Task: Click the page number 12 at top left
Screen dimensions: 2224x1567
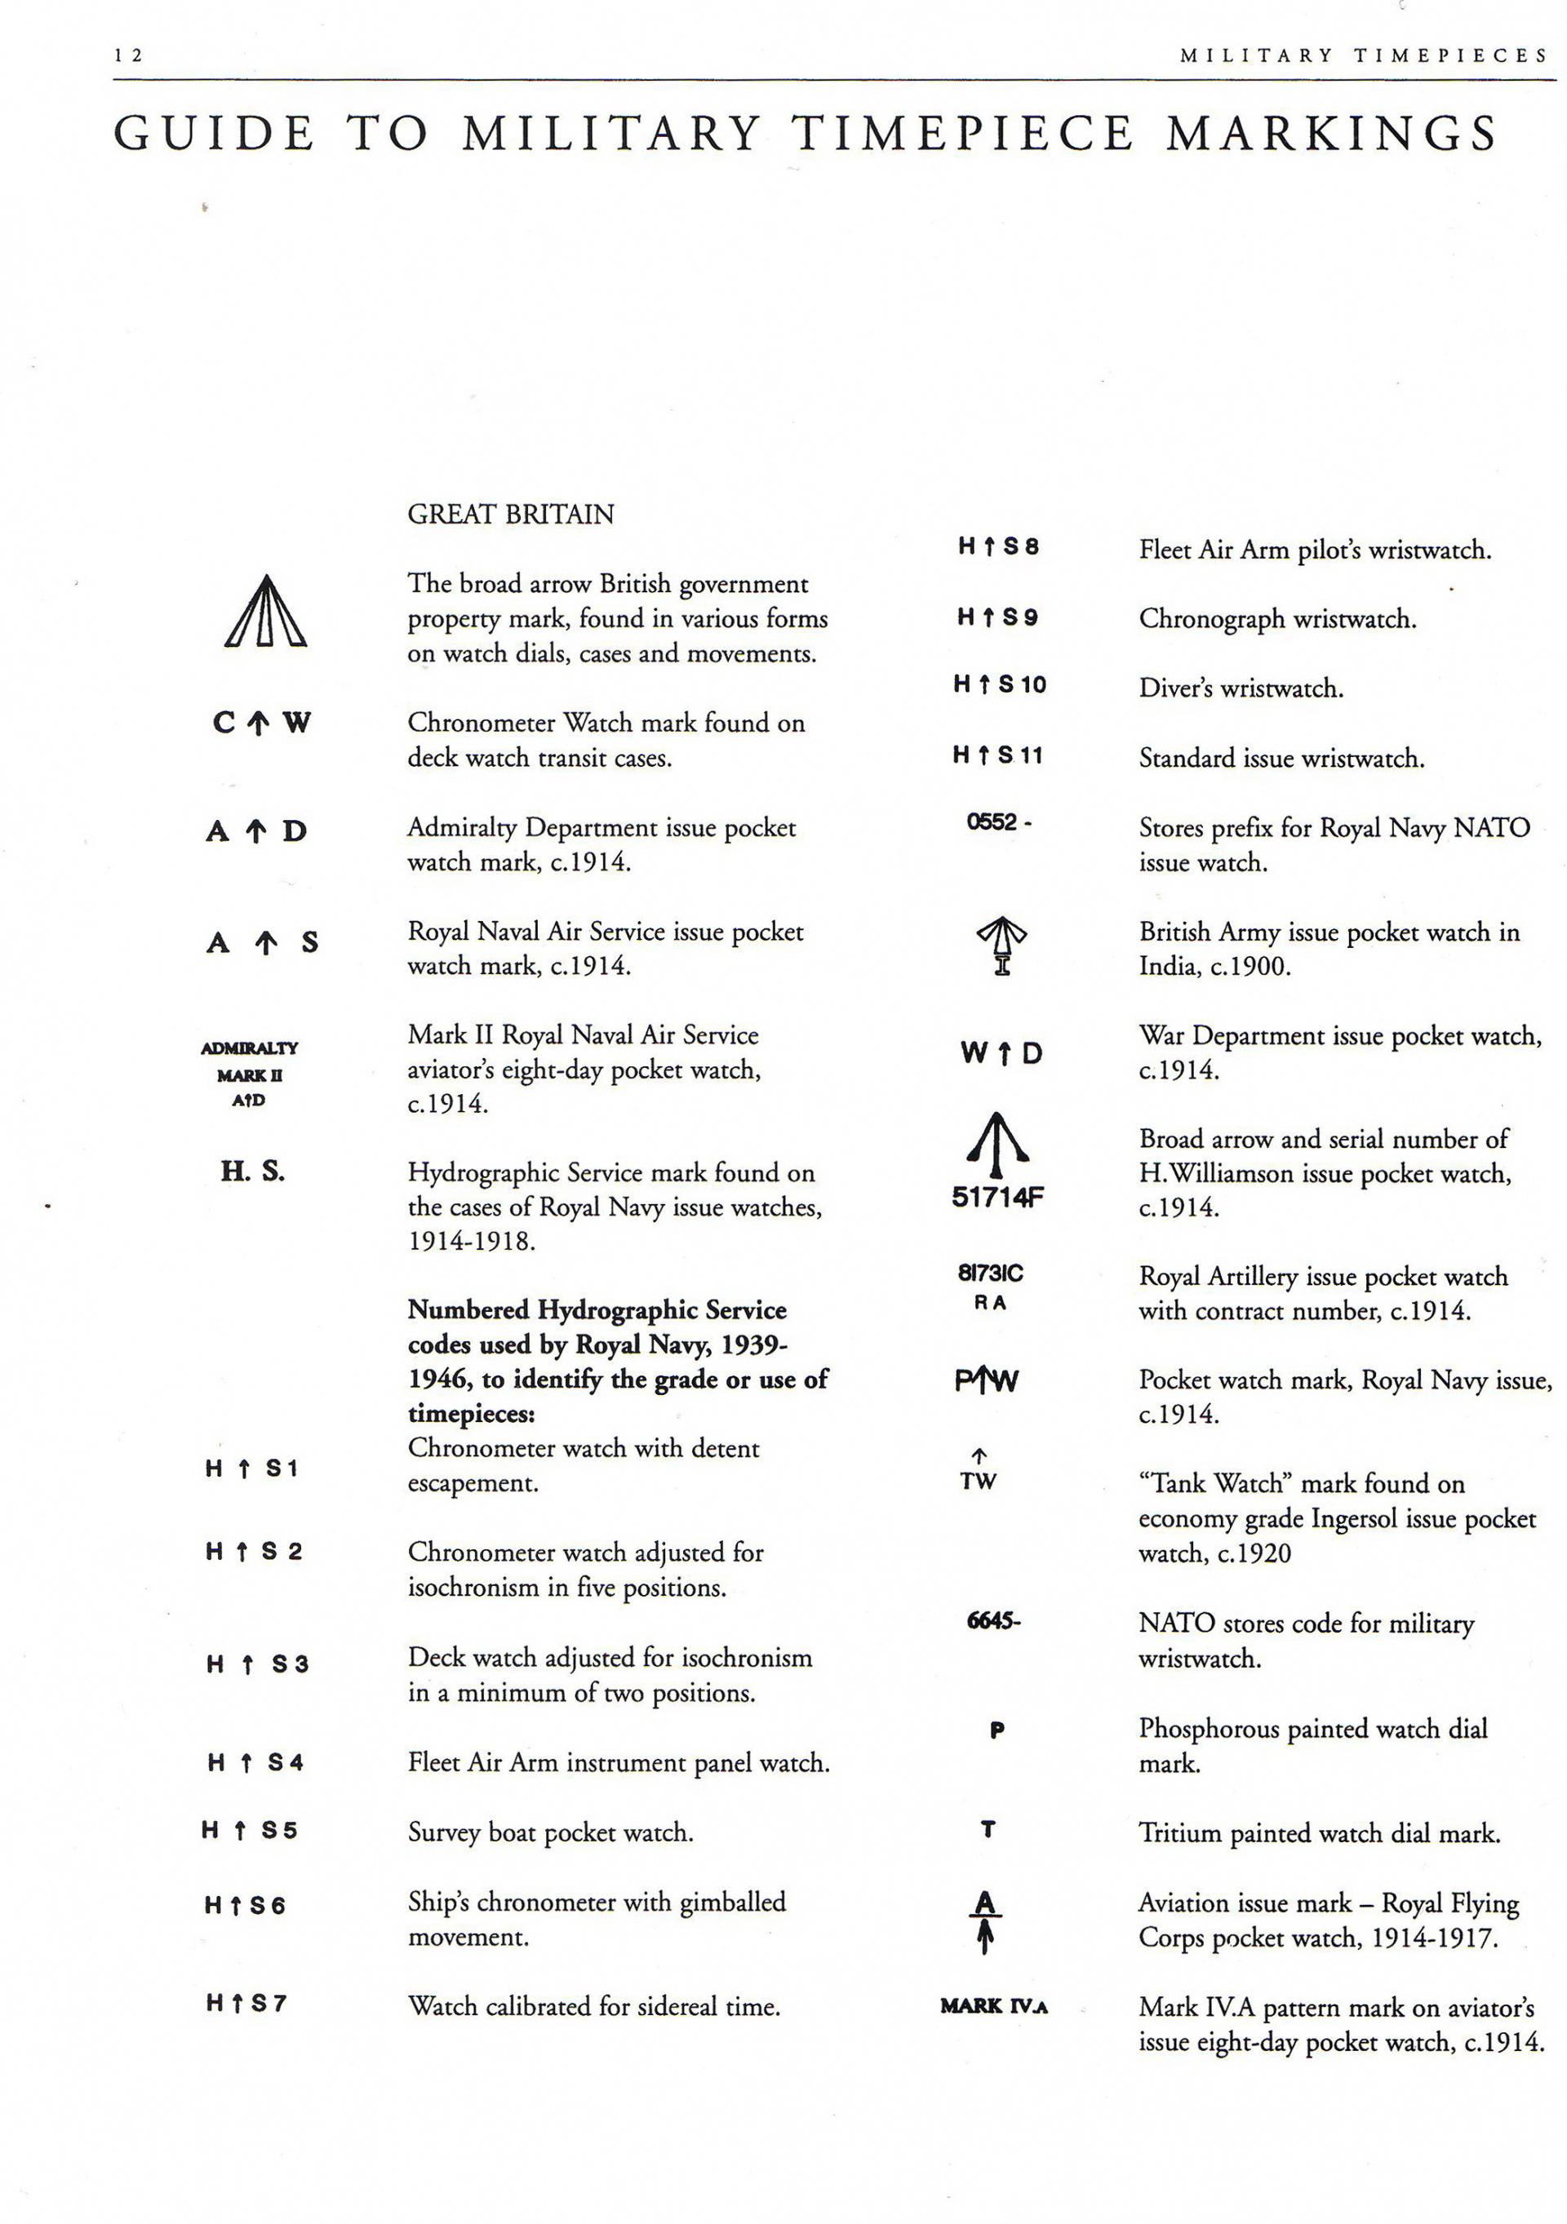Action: point(128,55)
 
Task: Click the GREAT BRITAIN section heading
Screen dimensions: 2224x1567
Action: point(510,513)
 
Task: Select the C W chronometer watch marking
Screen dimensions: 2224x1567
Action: point(262,723)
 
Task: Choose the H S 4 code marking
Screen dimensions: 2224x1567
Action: point(255,1763)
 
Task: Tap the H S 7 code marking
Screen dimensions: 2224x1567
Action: point(246,2003)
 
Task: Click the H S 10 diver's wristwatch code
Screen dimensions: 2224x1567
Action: point(999,684)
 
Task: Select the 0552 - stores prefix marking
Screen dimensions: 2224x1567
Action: point(999,822)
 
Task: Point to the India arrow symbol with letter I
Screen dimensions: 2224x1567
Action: point(1001,946)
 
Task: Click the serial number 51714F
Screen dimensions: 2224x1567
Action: point(997,1197)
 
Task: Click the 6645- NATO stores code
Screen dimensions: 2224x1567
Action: point(993,1620)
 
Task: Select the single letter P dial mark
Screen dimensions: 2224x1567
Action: point(997,1729)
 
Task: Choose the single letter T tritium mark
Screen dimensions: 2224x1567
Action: point(988,1830)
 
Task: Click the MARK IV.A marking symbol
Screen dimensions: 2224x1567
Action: point(993,2005)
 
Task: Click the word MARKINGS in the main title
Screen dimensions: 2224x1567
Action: point(1331,134)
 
